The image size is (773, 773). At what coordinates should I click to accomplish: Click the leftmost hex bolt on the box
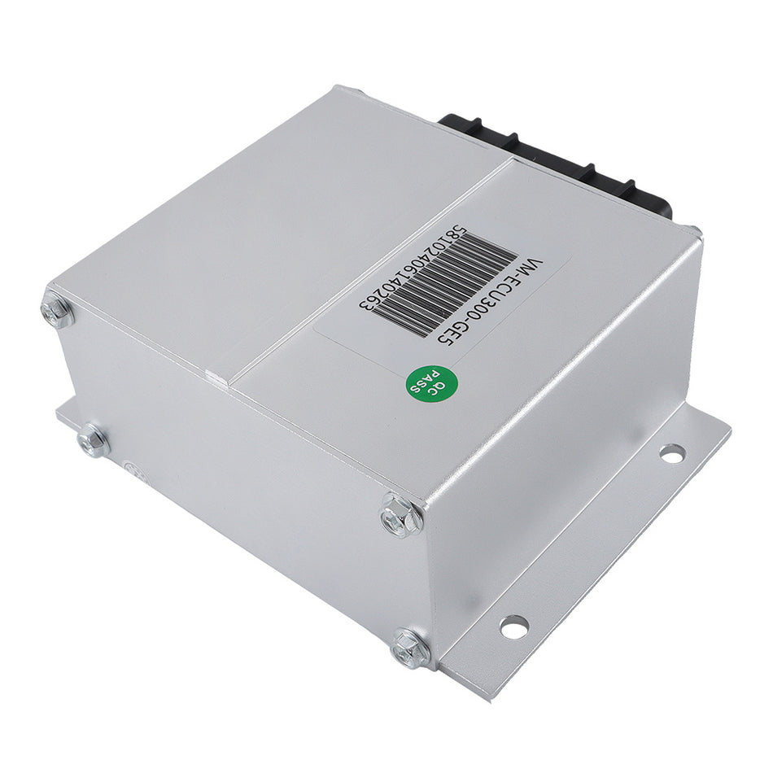(57, 312)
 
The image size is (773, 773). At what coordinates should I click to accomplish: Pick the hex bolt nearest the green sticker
(402, 515)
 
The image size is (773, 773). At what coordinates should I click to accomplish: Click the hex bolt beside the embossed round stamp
(93, 440)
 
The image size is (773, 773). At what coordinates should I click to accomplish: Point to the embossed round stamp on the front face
(130, 469)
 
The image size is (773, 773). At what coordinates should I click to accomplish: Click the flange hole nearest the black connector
(671, 454)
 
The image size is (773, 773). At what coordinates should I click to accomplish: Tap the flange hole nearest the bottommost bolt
(513, 626)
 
